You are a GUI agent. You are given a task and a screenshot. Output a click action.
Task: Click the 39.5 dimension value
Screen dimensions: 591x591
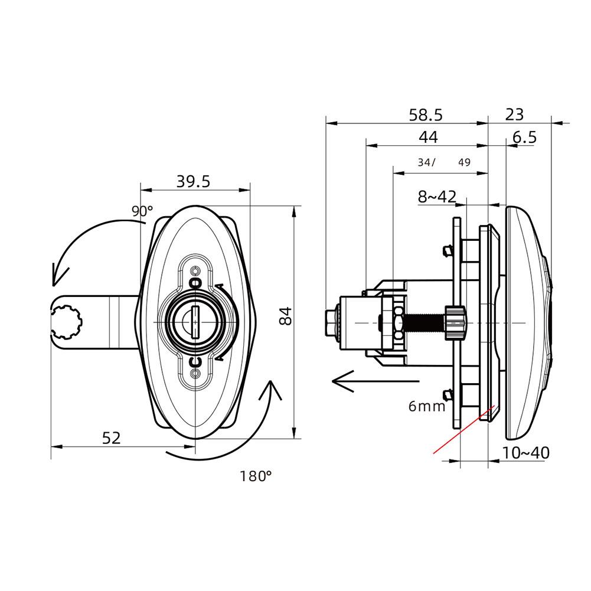click(x=193, y=182)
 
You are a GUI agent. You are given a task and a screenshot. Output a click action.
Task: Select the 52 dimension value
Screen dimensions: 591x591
click(x=111, y=438)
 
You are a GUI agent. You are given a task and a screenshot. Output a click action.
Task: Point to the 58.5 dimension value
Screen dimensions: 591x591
click(x=426, y=115)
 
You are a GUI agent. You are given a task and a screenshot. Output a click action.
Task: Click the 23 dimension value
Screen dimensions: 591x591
click(x=514, y=114)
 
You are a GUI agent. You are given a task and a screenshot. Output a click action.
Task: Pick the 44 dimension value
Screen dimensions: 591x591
click(x=428, y=137)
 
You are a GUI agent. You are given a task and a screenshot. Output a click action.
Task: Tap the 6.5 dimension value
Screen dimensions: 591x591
click(x=524, y=138)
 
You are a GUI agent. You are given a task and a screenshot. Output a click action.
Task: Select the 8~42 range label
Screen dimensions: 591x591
click(x=437, y=197)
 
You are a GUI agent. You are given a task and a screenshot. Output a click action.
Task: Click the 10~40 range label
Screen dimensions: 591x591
click(x=525, y=453)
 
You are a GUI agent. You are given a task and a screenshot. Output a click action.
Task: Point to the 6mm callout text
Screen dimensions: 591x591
click(x=426, y=406)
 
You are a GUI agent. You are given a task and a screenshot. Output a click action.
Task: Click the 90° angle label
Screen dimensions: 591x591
click(x=142, y=210)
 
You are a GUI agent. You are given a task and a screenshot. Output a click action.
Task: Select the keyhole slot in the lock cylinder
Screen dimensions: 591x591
click(x=195, y=322)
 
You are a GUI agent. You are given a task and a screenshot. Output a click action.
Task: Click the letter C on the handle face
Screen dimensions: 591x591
click(x=197, y=361)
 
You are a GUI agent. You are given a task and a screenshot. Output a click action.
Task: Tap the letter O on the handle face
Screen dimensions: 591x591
click(x=197, y=283)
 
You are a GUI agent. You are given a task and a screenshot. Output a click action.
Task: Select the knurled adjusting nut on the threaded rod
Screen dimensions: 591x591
click(x=455, y=323)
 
